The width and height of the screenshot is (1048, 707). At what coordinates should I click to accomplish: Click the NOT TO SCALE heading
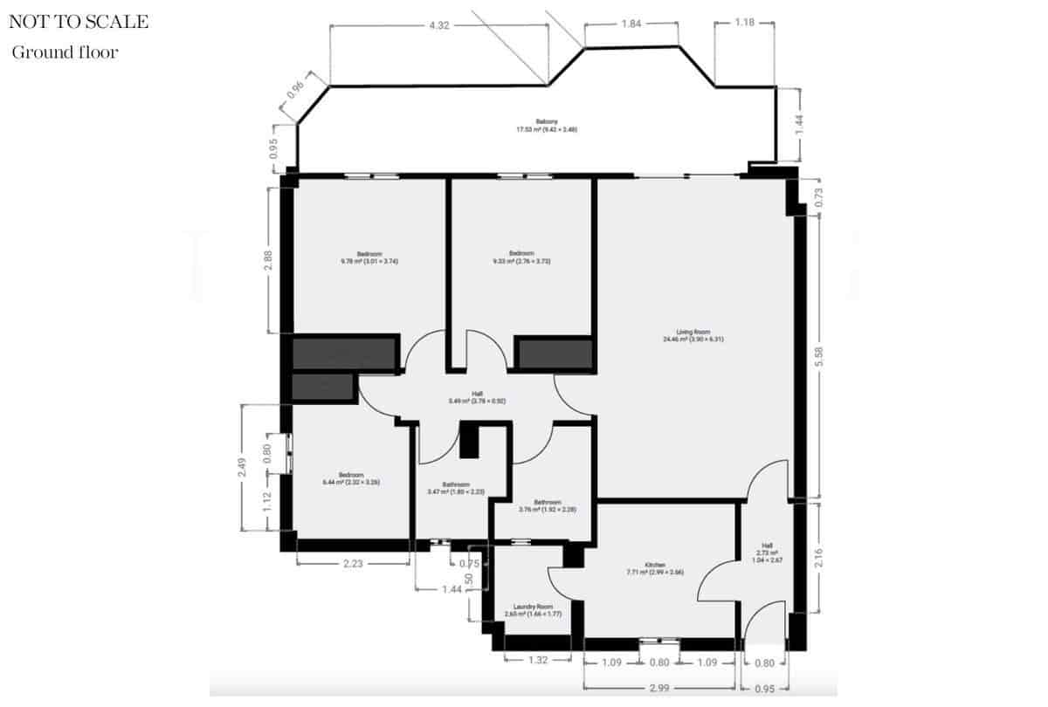point(79,22)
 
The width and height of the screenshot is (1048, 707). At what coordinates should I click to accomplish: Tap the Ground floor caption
point(65,52)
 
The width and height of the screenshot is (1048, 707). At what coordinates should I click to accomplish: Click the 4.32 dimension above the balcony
point(439,25)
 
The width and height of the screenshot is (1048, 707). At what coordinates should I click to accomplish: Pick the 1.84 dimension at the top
point(631,24)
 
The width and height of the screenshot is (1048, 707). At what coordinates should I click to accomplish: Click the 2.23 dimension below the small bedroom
point(353,565)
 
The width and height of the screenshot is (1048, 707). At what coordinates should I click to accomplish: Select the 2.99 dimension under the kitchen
point(660,689)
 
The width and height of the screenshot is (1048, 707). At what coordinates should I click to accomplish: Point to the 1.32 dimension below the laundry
point(539,661)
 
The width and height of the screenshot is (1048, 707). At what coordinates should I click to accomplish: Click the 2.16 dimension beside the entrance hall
point(819,556)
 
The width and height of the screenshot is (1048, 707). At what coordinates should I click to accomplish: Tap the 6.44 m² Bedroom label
point(350,477)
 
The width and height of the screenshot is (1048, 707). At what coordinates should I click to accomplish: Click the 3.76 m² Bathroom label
point(547,505)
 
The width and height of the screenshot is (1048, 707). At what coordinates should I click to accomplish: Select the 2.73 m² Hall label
point(767,553)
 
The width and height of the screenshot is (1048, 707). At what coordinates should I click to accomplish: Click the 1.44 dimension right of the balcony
point(797,124)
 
